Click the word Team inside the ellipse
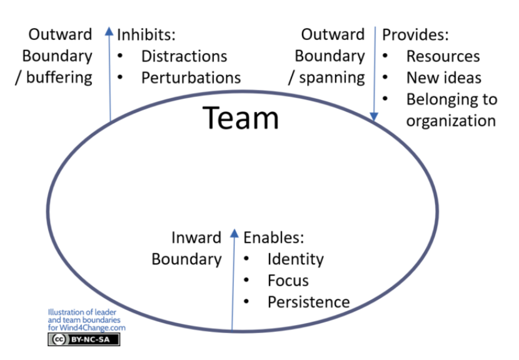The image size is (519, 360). point(241,117)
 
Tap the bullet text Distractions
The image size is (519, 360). point(184,56)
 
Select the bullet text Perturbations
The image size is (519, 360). point(191,77)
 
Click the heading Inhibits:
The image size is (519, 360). point(145,34)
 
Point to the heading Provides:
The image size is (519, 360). point(415,34)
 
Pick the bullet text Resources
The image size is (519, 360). point(443,56)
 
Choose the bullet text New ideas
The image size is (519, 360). point(443,77)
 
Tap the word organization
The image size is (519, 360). point(451,121)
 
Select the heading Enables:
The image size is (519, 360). point(273,237)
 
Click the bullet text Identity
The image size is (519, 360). point(295,259)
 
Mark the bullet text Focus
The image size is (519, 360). point(288,281)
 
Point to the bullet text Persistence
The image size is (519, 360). point(308,302)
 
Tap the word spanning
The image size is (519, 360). point(331,77)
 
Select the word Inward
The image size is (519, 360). point(196,237)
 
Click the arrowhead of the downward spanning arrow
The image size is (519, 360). point(374,117)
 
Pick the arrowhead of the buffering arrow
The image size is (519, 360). point(110,30)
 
